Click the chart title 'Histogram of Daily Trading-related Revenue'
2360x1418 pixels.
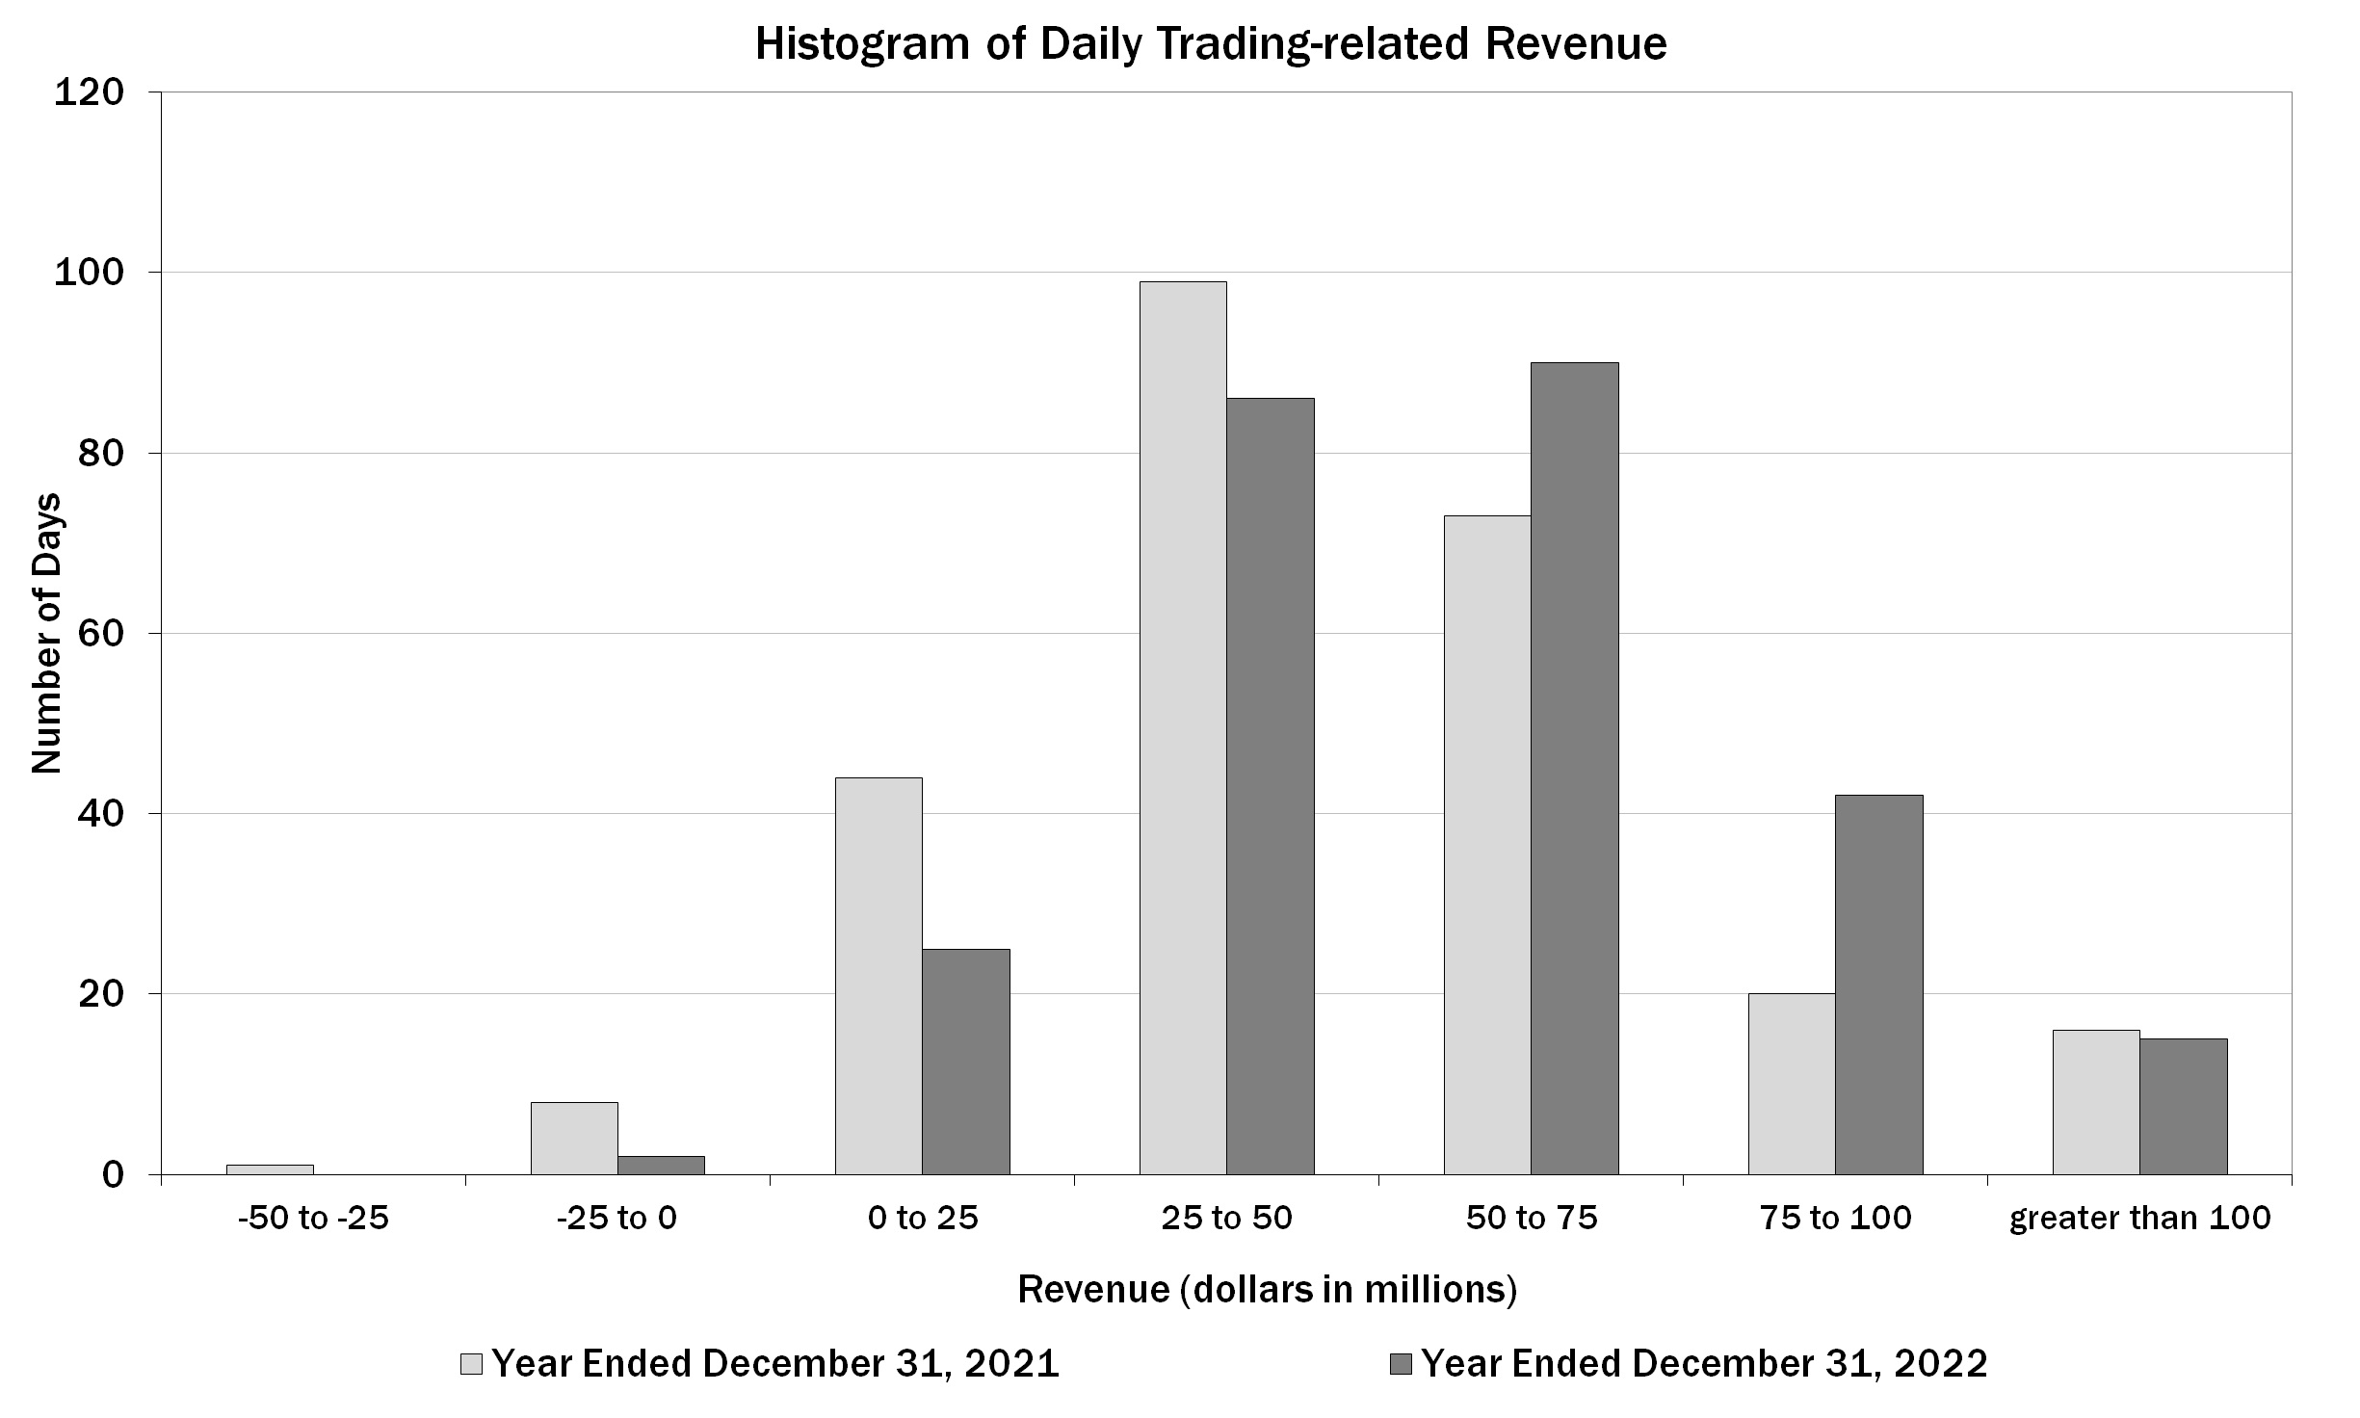click(x=1211, y=44)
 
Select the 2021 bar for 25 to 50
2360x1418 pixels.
click(x=1183, y=727)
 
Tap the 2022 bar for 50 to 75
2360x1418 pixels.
click(x=1574, y=768)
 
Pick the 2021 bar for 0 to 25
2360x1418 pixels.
click(x=878, y=975)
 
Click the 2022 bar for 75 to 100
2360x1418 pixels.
click(x=1878, y=984)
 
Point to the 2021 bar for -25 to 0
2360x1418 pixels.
click(x=574, y=1138)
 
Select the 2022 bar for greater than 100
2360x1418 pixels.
click(x=2184, y=1106)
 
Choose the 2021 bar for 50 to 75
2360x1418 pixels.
click(x=1487, y=845)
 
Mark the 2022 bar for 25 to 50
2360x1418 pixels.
click(x=1270, y=785)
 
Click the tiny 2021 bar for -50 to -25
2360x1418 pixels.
click(x=270, y=1169)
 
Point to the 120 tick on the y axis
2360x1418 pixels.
click(x=89, y=93)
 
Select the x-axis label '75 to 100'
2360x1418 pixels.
click(x=1836, y=1219)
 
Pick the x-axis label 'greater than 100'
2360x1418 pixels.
click(x=2139, y=1219)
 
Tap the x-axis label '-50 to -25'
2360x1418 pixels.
click(x=314, y=1219)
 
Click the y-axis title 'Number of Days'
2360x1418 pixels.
click(x=46, y=633)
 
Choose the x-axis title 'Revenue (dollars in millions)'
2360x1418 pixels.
click(x=1268, y=1289)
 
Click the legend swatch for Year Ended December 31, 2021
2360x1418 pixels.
click(x=472, y=1364)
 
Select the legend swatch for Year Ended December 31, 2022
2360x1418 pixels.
click(x=1402, y=1364)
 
